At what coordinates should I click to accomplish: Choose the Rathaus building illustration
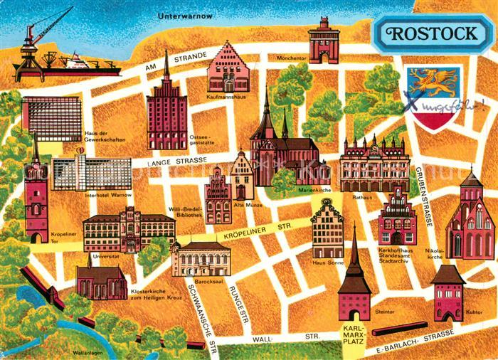point(374,165)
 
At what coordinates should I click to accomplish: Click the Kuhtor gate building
point(447,292)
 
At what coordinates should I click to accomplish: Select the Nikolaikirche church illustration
point(470,217)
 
